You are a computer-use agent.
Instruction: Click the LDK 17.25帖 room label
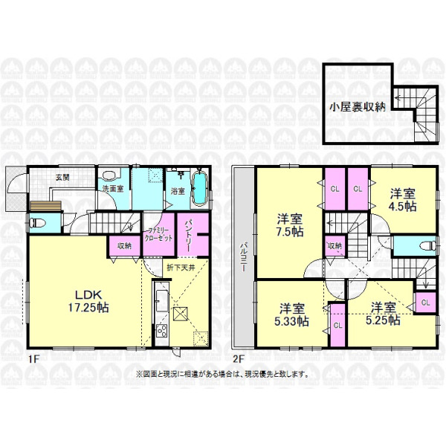(x=88, y=301)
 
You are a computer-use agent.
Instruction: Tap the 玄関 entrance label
(x=62, y=178)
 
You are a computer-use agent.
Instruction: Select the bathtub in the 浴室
(x=200, y=188)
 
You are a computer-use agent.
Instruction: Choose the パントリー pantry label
(x=189, y=234)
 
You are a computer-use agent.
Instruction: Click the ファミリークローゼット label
(x=158, y=234)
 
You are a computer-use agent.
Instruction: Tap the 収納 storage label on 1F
(x=125, y=246)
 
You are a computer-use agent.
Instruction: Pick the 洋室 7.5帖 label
(x=290, y=225)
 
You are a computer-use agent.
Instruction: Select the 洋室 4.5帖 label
(x=403, y=200)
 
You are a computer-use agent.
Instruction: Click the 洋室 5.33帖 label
(x=291, y=315)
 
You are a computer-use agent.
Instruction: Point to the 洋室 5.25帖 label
(x=383, y=314)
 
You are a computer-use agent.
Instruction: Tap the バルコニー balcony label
(x=244, y=256)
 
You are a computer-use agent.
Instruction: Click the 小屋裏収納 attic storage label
(x=358, y=107)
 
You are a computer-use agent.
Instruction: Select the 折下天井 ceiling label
(x=181, y=268)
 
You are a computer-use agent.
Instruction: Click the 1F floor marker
(x=33, y=359)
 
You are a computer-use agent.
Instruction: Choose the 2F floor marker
(x=239, y=359)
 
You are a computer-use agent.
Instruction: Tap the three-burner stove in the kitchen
(x=162, y=331)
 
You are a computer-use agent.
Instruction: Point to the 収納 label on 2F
(x=334, y=245)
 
